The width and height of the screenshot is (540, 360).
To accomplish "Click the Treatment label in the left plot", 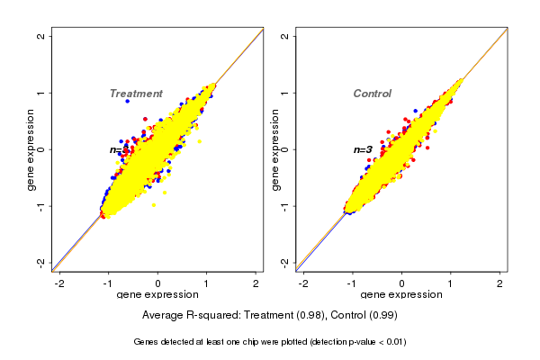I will coord(136,94).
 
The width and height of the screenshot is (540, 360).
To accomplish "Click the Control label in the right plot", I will coord(373,94).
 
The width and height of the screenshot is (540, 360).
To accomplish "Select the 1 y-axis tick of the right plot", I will coord(285,93).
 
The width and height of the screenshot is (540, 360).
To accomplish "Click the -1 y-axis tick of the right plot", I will coord(285,206).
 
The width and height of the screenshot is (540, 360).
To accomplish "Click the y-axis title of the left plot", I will coord(31,149).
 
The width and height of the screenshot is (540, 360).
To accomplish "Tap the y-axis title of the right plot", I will coord(274,149).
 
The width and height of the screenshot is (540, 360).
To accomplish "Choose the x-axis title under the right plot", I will coord(402,295).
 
